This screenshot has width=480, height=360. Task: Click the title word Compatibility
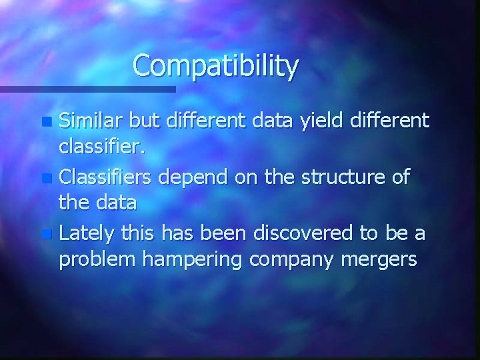click(x=216, y=67)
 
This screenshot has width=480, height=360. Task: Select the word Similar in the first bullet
click(x=90, y=121)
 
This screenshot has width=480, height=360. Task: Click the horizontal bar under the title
click(x=87, y=89)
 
